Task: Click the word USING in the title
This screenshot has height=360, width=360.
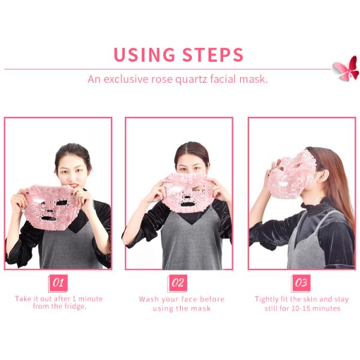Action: point(144,55)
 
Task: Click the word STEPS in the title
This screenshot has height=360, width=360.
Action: point(212,55)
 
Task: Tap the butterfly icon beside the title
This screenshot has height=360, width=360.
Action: point(346,68)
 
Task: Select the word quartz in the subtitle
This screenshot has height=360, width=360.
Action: point(192,79)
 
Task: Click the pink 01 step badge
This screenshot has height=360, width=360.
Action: point(58,283)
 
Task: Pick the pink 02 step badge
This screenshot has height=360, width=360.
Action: point(178,283)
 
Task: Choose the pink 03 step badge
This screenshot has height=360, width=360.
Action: point(301,283)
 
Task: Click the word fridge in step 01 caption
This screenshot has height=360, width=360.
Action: point(75,307)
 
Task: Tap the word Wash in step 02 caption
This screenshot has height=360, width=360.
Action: point(149,299)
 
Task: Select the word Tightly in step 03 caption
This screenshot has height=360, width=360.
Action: point(266,299)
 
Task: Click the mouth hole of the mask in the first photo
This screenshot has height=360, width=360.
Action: point(49,218)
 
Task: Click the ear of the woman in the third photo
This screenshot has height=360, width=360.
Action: point(323,176)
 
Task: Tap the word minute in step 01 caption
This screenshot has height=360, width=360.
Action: point(91,299)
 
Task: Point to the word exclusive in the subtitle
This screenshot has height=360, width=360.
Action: point(126,79)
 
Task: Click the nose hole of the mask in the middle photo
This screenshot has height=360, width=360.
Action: point(187,197)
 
